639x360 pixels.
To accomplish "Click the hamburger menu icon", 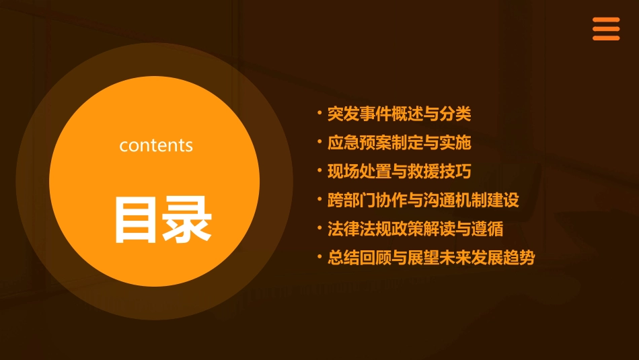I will (605, 29).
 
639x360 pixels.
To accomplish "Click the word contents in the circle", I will (156, 145).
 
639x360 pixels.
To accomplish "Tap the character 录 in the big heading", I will (187, 219).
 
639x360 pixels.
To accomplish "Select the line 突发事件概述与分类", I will (399, 114).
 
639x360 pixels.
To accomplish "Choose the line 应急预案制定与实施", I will (399, 143).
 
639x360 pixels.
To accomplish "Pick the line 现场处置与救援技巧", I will (399, 172).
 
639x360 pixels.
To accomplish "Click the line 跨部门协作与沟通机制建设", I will (423, 201).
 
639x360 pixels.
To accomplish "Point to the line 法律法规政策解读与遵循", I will (415, 229).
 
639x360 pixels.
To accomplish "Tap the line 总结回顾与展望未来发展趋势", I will (430, 258).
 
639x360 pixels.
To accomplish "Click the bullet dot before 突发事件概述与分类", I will (319, 112).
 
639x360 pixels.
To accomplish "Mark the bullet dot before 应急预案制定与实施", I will (319, 141).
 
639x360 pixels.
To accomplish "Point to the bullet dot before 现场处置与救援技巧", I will (319, 170).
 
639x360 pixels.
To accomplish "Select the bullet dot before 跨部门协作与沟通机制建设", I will (319, 199).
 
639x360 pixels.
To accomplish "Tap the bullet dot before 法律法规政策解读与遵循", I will (319, 227).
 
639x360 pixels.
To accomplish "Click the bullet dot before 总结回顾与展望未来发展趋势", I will (319, 256).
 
